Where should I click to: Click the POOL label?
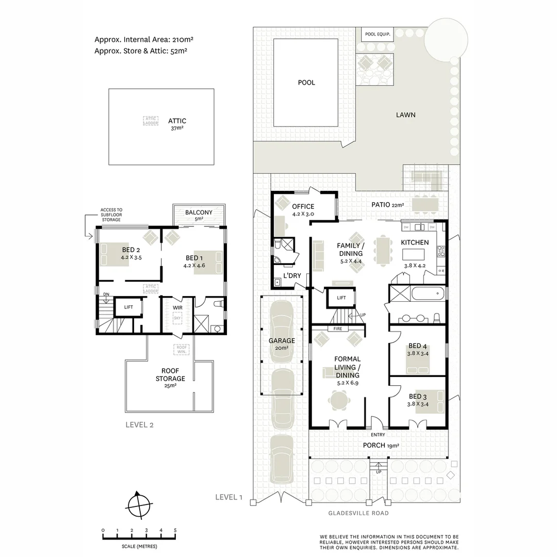coord(306,83)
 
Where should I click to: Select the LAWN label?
coord(405,115)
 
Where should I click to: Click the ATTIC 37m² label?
coord(177,124)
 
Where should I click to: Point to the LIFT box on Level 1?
coord(341,298)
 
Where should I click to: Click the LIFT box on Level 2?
coord(128,307)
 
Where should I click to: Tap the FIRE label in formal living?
coord(338,328)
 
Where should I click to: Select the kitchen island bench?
coord(415,254)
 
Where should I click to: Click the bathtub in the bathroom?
coord(428,294)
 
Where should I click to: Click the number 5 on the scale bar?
coord(175,530)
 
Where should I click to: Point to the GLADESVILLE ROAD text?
coord(358,513)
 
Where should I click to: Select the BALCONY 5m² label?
coord(199,215)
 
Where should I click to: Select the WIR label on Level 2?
coord(177,307)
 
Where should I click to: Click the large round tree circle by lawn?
coord(446,39)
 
